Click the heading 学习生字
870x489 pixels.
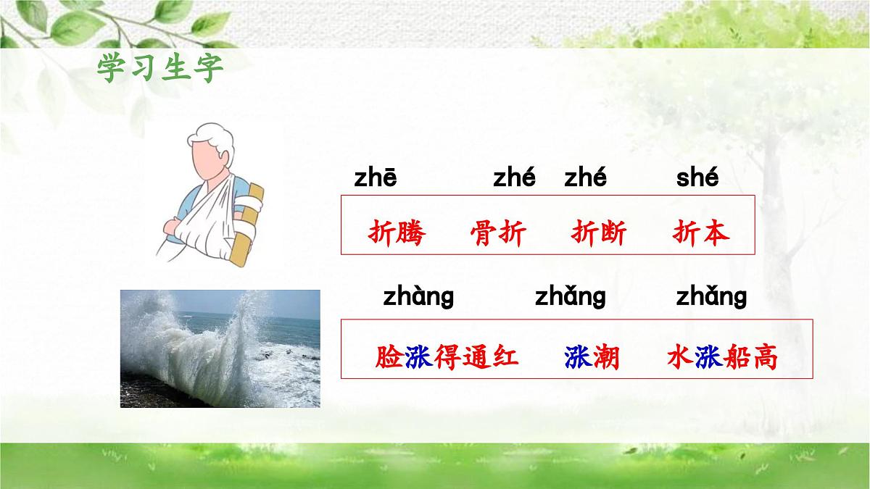point(160,69)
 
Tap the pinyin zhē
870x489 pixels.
point(375,178)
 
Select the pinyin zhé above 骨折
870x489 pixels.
point(514,178)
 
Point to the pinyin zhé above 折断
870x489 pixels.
point(585,178)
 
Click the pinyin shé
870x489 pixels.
point(697,178)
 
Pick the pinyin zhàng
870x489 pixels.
point(418,296)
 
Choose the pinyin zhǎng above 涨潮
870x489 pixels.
point(570,296)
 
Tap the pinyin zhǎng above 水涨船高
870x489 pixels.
point(710,296)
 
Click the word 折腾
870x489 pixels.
point(397,233)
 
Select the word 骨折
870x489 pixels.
point(498,233)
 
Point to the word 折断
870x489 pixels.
point(599,233)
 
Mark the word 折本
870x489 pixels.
point(700,233)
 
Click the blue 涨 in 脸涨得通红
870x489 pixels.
point(418,357)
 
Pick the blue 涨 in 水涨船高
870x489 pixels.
point(708,357)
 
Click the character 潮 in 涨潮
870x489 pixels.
point(606,357)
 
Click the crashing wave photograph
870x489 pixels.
point(220,348)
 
